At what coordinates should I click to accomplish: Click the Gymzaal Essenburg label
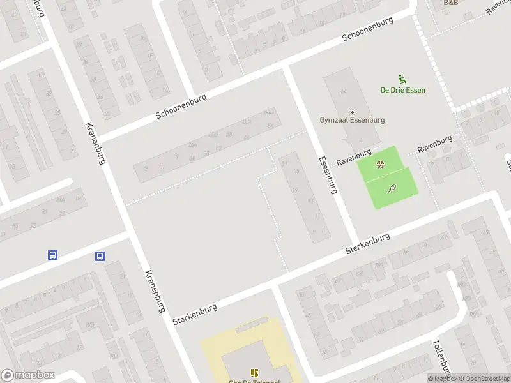coord(352,119)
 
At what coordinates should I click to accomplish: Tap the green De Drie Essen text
coord(402,90)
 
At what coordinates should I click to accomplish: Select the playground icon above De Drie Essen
coord(402,79)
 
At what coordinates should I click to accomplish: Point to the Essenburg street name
coord(328,173)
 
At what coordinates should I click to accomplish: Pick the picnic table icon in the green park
coord(381,164)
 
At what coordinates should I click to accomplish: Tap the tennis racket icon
coord(391,188)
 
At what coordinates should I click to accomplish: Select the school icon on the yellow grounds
coord(254,373)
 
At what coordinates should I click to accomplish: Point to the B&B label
coord(452,3)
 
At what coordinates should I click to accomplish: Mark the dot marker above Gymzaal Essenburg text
coord(352,112)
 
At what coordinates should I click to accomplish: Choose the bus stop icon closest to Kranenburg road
coord(100,256)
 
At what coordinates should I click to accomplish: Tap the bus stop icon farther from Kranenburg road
coord(53,255)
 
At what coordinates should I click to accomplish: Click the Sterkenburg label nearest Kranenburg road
coord(195,313)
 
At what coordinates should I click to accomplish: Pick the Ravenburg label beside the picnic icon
coord(354,158)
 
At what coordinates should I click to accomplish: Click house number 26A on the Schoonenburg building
coord(192,144)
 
